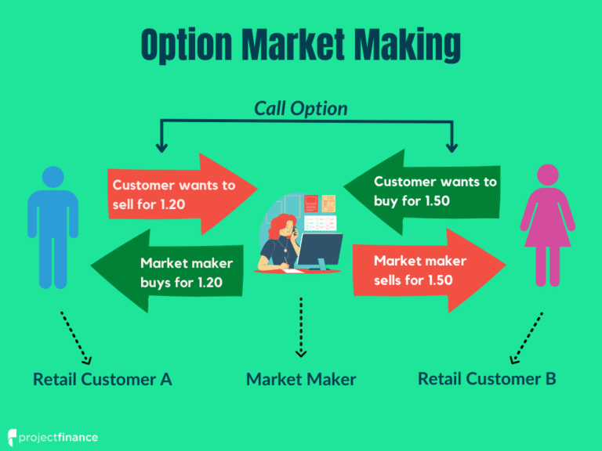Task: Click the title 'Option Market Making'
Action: point(300,45)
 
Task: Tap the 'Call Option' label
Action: point(300,108)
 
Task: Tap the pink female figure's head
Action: point(547,178)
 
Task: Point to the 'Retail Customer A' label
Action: point(103,379)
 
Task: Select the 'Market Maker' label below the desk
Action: point(301,379)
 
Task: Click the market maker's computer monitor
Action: point(319,249)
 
